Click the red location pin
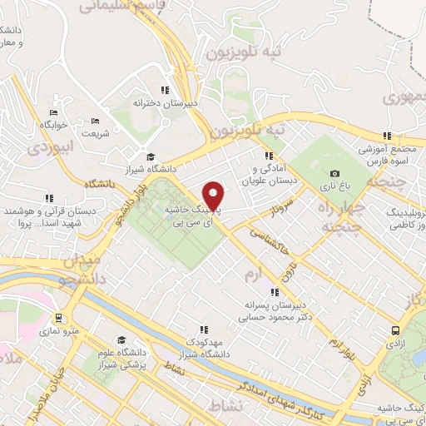pos(215,196)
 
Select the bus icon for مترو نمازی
pos(59,318)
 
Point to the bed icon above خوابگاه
pos(53,113)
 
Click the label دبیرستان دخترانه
pos(166,103)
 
